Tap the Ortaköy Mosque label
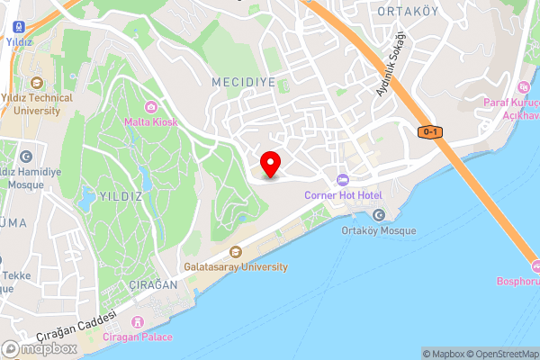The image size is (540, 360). (379, 230)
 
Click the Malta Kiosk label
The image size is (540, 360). (150, 121)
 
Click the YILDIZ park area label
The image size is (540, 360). (120, 194)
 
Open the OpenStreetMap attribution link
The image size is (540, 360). (499, 354)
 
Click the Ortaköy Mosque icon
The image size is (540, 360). (378, 214)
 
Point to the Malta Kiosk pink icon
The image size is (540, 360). (150, 107)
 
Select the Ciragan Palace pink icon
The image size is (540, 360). (138, 321)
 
